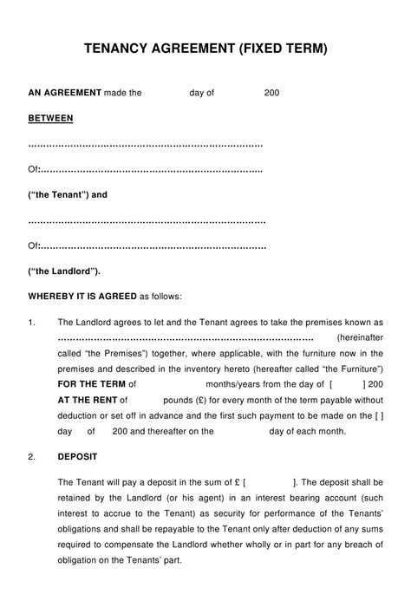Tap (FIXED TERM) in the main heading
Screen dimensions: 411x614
282,49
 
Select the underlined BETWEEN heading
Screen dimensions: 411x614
50,117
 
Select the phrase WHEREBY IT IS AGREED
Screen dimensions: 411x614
82,297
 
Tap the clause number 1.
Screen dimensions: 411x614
31,322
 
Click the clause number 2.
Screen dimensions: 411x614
31,456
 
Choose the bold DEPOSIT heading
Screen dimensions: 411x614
77,456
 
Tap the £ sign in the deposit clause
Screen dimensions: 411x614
237,482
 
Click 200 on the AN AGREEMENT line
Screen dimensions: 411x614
271,92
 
